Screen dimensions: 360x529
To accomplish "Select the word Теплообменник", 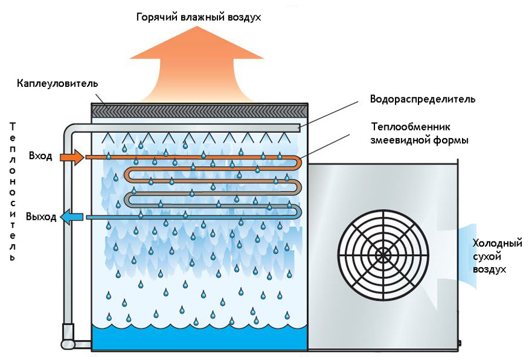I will pos(409,127).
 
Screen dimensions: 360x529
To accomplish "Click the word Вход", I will pos(41,156).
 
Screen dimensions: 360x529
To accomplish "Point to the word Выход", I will pos(41,217).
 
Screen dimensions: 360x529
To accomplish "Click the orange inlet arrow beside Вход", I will pos(73,157).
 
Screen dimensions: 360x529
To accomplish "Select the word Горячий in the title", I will pos(156,18).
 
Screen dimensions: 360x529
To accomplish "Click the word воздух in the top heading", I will pos(242,18).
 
